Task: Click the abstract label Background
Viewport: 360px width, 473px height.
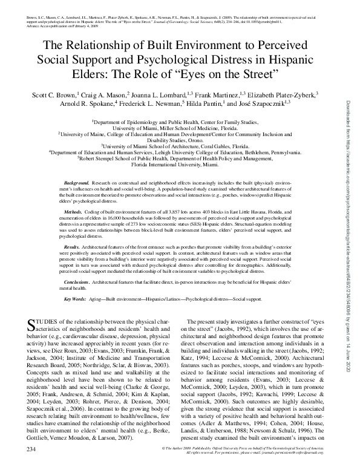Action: coord(77,165)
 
